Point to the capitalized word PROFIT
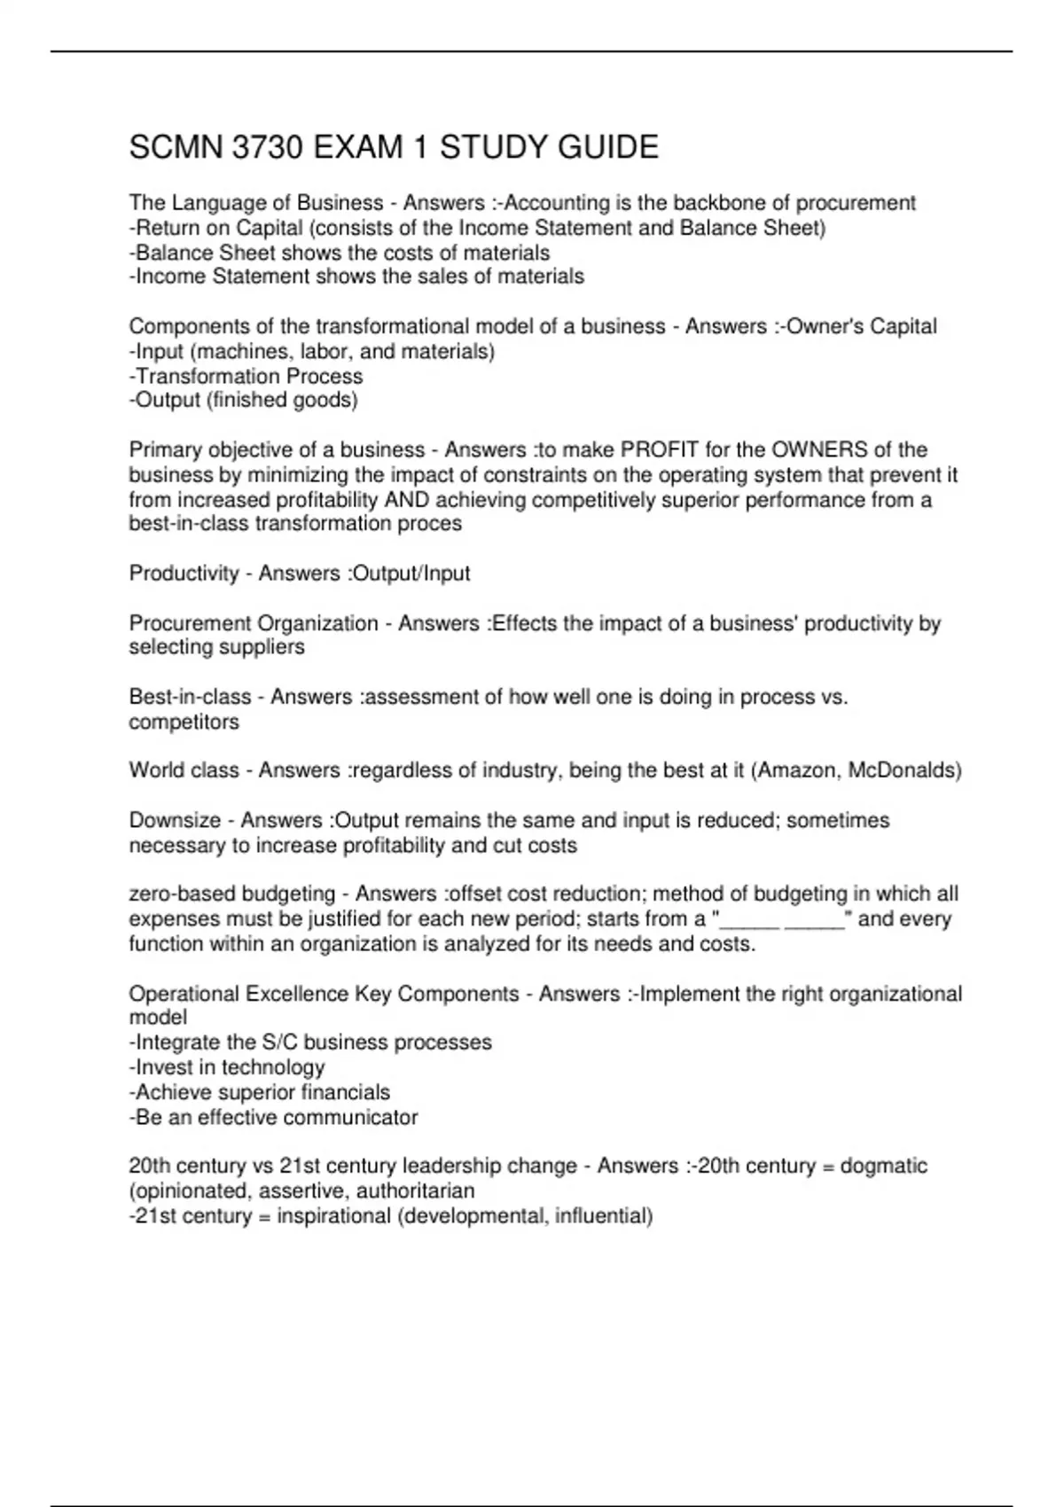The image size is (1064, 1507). (653, 449)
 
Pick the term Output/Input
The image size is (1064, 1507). (411, 574)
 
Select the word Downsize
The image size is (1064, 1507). (174, 820)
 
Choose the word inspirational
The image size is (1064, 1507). (333, 1215)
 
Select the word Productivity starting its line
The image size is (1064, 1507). (184, 574)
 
